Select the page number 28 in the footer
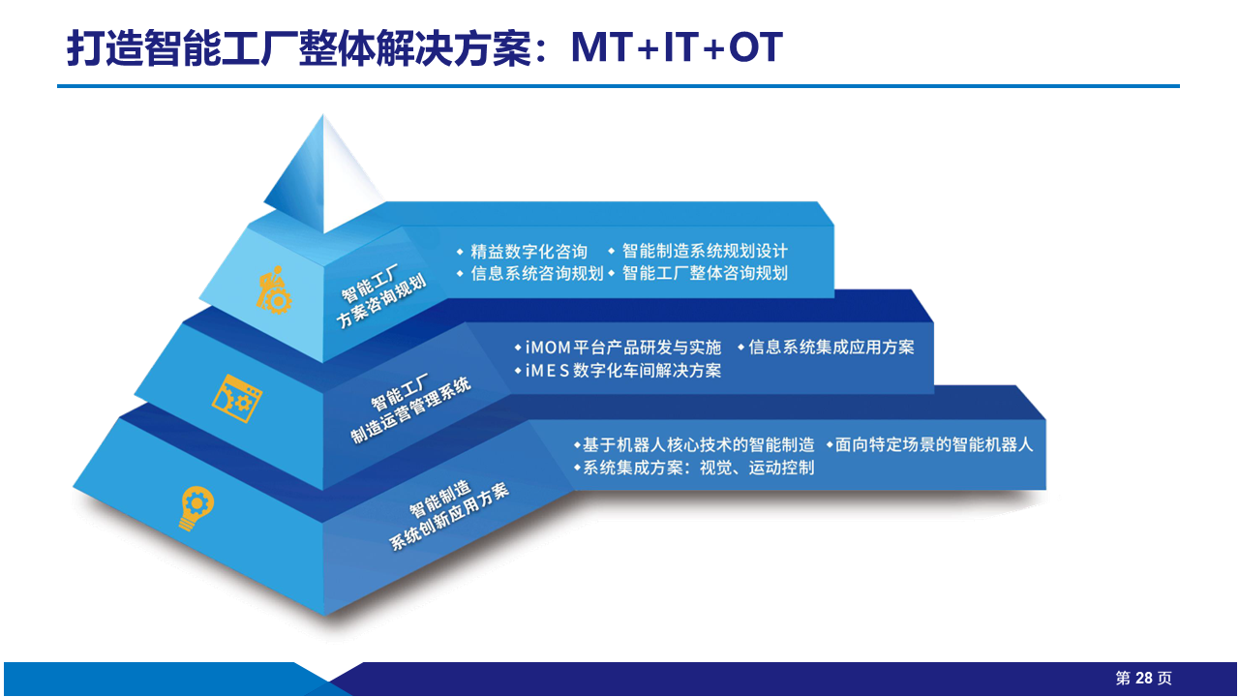pos(1143,679)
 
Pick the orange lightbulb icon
pos(196,508)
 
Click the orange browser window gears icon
pos(237,398)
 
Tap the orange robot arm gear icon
pos(274,290)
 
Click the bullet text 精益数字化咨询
pos(529,252)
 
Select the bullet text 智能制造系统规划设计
pos(705,251)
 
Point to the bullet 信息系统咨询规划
pos(536,273)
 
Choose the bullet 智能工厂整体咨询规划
pos(705,273)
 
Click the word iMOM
pos(548,348)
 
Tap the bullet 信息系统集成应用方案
pos(831,347)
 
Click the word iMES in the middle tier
pos(547,371)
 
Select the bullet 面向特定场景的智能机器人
pos(934,444)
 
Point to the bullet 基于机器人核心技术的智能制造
pos(698,444)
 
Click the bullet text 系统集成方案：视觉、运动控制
pos(698,468)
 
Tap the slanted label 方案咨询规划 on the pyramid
pos(381,301)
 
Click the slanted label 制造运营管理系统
pos(411,409)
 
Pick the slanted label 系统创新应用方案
pos(449,517)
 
